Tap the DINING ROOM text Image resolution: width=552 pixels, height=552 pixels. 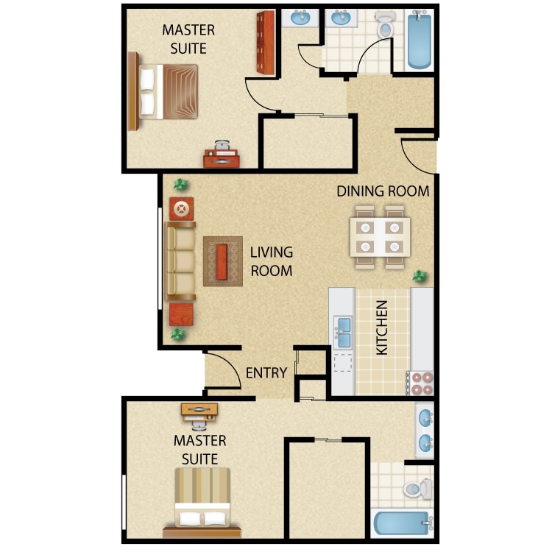pyautogui.click(x=383, y=191)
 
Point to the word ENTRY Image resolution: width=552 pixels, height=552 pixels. pyautogui.click(x=266, y=373)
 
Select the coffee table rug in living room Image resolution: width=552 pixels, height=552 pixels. pyautogui.click(x=223, y=261)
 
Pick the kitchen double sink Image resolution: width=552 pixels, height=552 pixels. pyautogui.click(x=343, y=333)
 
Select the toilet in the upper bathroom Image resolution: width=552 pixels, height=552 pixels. pyautogui.click(x=385, y=26)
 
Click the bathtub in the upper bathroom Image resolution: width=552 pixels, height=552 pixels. pyautogui.click(x=419, y=40)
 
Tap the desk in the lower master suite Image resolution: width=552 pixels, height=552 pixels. pyautogui.click(x=199, y=410)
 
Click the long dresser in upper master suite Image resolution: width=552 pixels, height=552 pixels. pyautogui.click(x=265, y=43)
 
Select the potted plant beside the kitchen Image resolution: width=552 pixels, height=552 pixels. pyautogui.click(x=420, y=276)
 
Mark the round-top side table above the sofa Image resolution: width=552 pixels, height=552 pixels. pyautogui.click(x=181, y=209)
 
